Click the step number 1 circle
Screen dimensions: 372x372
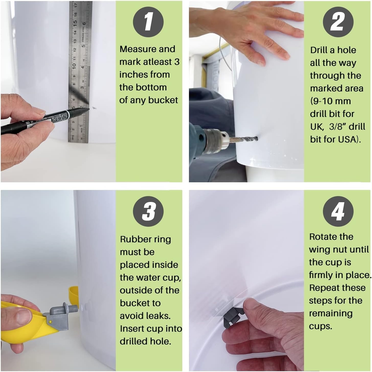(148, 22)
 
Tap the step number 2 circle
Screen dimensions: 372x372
(338, 22)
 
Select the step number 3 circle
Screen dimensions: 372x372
(148, 212)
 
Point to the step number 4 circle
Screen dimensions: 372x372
(338, 212)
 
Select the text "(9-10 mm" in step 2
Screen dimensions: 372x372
(330, 101)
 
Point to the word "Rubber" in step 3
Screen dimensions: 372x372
(136, 239)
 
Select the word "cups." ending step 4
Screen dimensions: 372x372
(320, 327)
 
